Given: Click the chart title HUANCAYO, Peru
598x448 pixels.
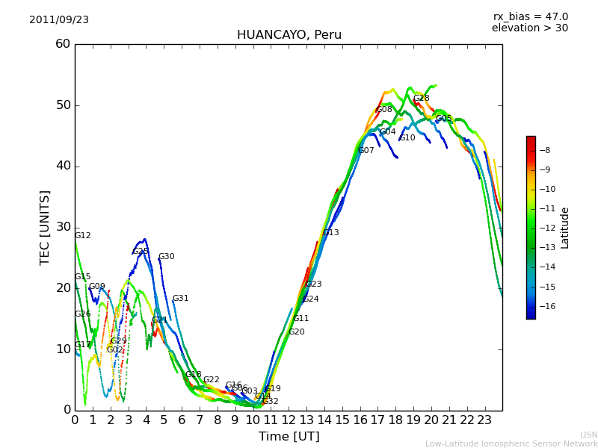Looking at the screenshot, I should click(x=289, y=35).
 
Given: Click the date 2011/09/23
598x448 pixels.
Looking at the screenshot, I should click(x=59, y=20).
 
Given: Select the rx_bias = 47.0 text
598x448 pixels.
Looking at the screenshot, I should click(x=530, y=17).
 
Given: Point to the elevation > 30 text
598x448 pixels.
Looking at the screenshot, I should click(x=529, y=28).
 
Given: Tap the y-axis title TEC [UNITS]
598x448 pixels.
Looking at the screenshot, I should click(x=46, y=227).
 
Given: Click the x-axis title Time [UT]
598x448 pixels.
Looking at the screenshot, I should click(x=289, y=437).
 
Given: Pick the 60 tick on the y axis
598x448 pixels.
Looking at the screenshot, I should click(x=63, y=44).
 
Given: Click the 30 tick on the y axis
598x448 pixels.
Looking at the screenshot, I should click(x=63, y=227).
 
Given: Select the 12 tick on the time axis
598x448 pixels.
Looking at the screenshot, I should click(x=289, y=420).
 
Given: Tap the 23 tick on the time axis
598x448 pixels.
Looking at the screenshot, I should click(x=484, y=420).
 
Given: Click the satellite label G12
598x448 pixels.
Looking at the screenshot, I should click(x=82, y=236).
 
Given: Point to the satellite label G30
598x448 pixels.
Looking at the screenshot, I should click(x=166, y=257).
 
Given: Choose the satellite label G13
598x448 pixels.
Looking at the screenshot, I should click(x=330, y=233).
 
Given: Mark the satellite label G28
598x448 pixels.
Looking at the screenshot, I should click(x=421, y=99).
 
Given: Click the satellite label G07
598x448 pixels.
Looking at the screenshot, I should click(x=366, y=151).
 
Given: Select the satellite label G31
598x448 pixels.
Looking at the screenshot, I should click(x=180, y=299).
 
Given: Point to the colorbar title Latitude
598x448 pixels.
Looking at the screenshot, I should click(x=565, y=228).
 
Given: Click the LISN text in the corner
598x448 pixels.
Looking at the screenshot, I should click(x=588, y=435).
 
